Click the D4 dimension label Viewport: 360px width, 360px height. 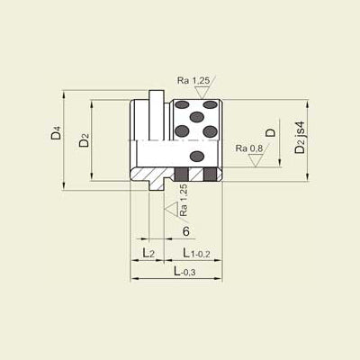(x=56, y=133)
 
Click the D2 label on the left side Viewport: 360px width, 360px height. (x=85, y=140)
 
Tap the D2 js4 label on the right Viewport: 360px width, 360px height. (x=300, y=137)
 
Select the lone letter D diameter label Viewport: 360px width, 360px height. (x=271, y=132)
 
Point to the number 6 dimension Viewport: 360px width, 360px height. (x=186, y=231)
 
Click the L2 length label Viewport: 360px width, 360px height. (x=148, y=253)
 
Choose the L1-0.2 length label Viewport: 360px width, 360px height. (x=196, y=253)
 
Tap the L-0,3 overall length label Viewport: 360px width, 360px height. (x=184, y=272)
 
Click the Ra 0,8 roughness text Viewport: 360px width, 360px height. (x=249, y=148)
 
